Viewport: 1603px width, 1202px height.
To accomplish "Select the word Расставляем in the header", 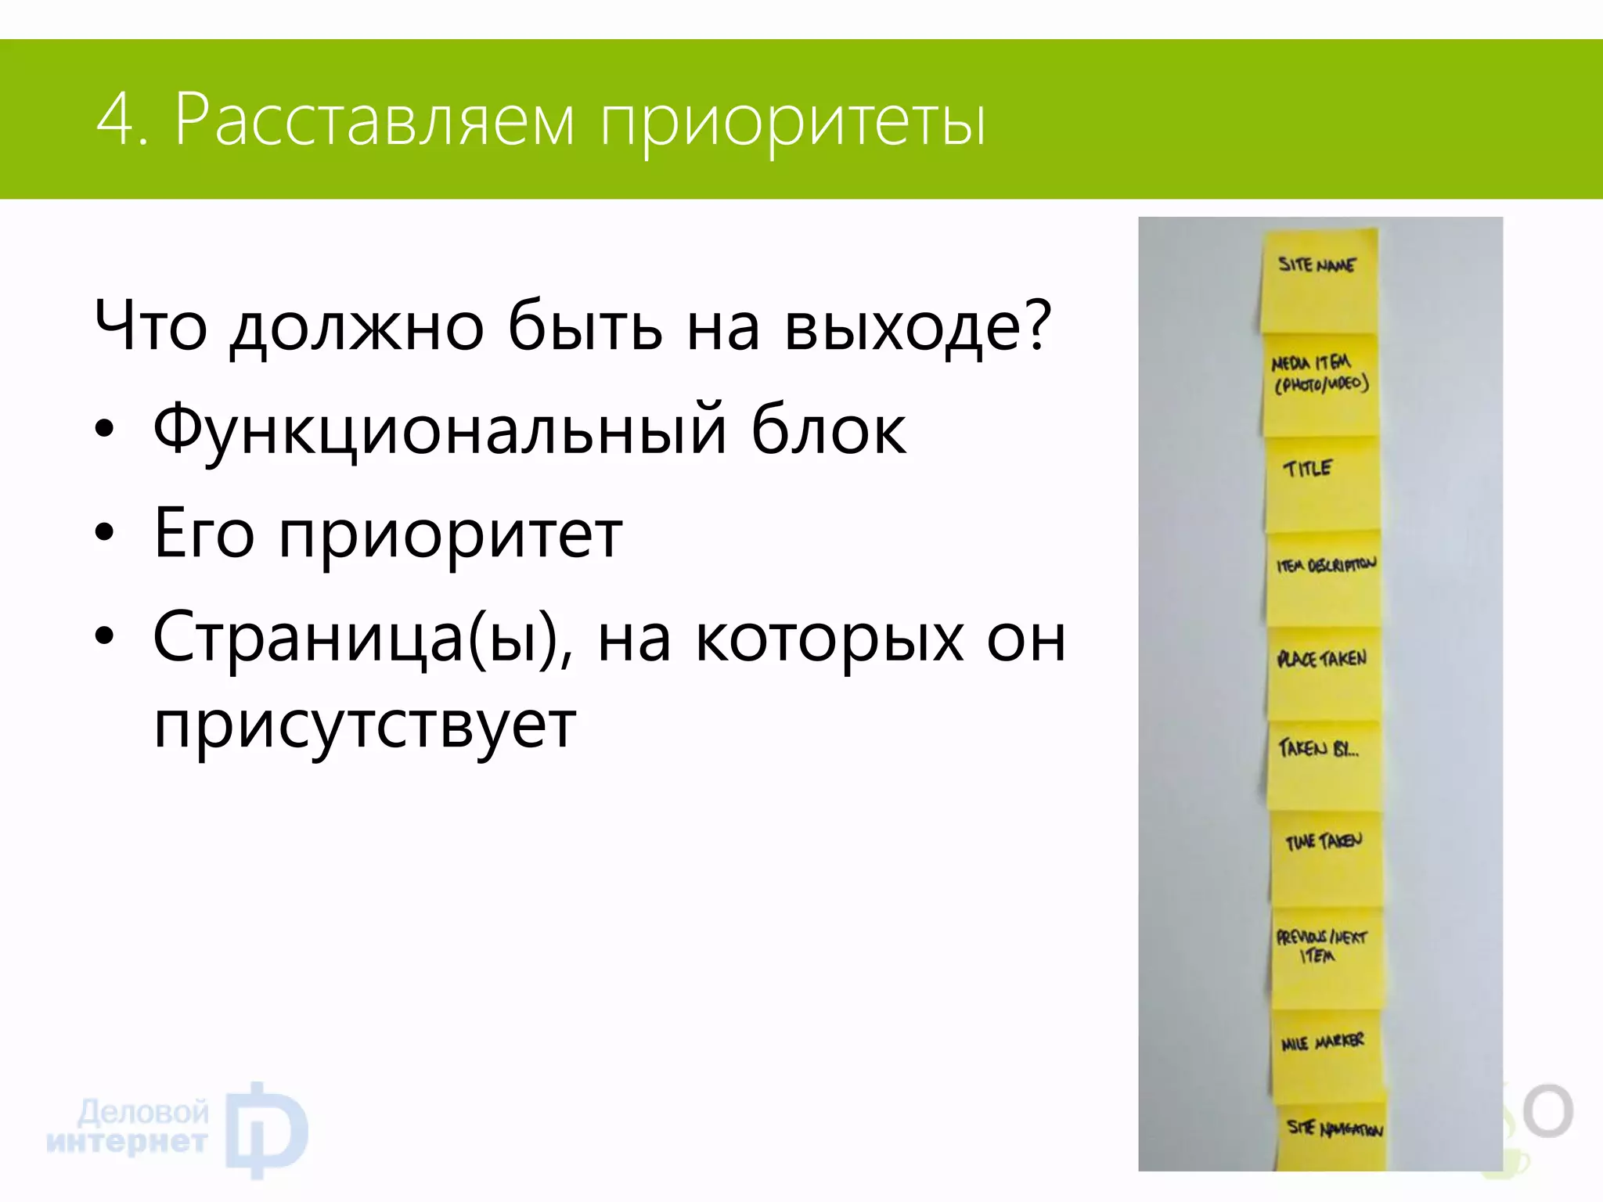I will [374, 120].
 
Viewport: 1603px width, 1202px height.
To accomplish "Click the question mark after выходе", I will [1037, 325].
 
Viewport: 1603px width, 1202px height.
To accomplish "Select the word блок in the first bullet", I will [828, 430].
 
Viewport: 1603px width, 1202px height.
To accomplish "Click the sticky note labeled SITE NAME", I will [1319, 282].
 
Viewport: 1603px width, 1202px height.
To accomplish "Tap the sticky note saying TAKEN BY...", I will [1324, 764].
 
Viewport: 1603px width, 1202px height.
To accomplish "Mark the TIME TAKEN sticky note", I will [1327, 858].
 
